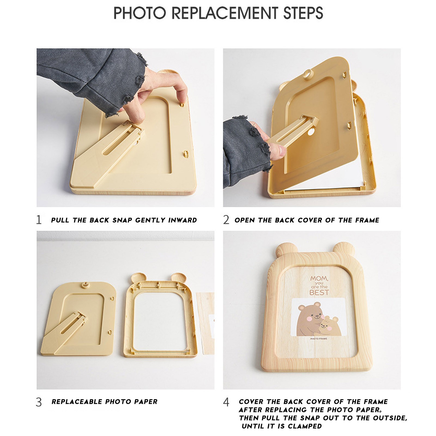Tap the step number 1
39,220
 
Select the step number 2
226,220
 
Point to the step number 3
39,402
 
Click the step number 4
226,402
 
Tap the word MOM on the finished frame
319,279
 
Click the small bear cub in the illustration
330,326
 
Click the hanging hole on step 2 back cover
309,74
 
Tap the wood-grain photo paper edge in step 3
205,323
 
